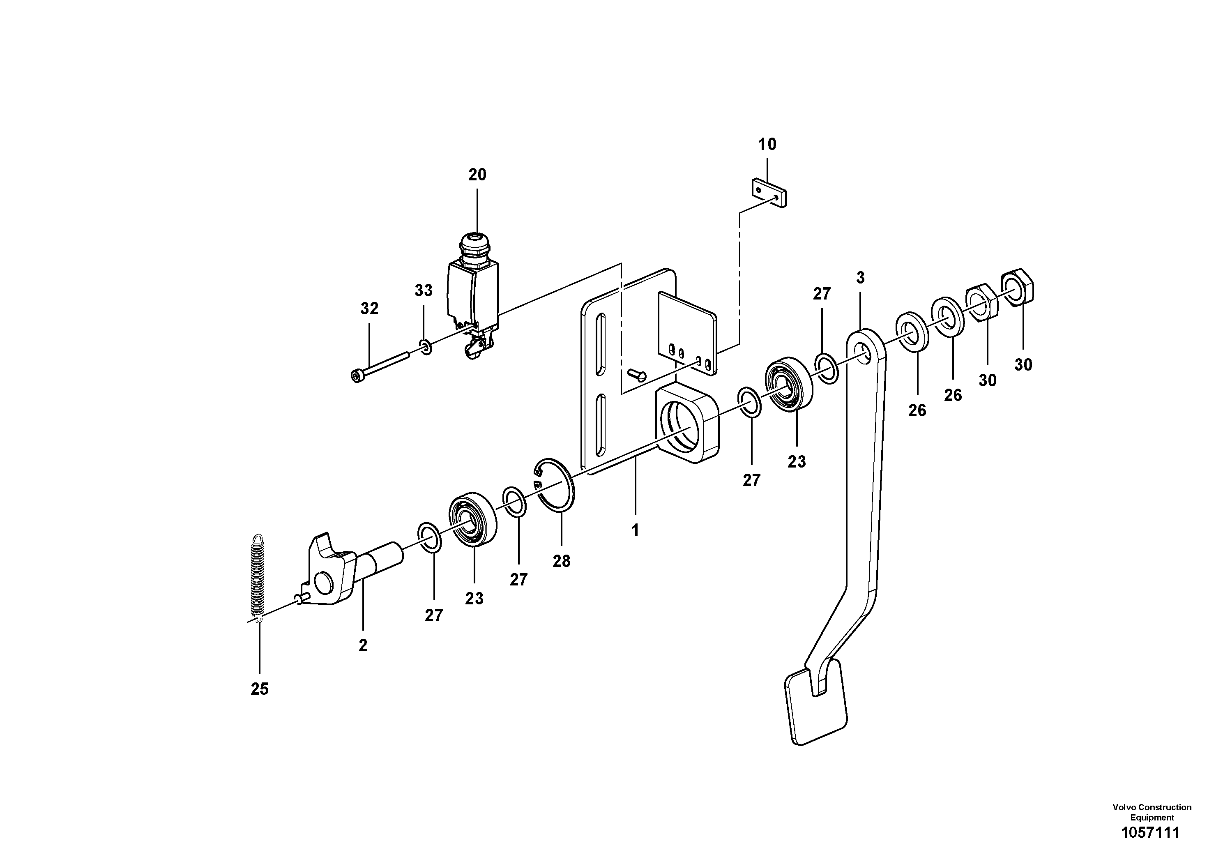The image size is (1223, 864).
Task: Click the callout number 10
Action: pyautogui.click(x=767, y=144)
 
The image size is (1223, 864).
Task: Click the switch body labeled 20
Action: pyautogui.click(x=472, y=296)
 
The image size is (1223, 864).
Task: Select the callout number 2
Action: pyautogui.click(x=363, y=645)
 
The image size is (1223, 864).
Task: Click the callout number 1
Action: pyautogui.click(x=635, y=530)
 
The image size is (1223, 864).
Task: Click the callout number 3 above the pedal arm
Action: pyautogui.click(x=860, y=278)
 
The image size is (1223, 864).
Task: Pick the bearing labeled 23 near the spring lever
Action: pyautogui.click(x=473, y=521)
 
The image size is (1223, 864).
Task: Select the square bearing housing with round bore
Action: pyautogui.click(x=687, y=424)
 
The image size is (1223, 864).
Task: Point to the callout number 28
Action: pyautogui.click(x=562, y=561)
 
